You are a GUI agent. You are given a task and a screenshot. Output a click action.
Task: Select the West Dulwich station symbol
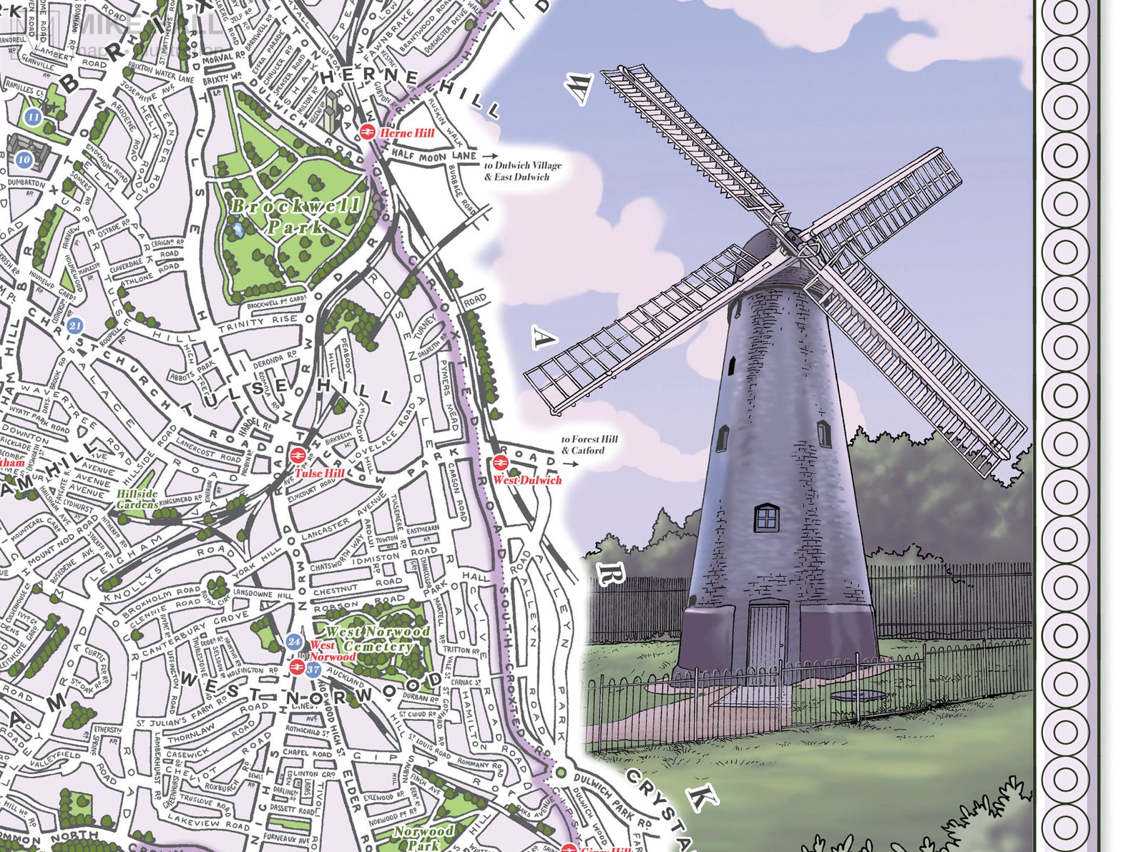click(x=499, y=463)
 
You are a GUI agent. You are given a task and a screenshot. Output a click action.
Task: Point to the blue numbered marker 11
click(x=32, y=117)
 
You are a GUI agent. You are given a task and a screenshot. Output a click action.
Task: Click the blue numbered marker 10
click(x=24, y=160)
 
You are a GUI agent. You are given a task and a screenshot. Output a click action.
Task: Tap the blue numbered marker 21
click(x=75, y=326)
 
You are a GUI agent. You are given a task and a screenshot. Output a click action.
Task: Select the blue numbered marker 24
click(x=294, y=641)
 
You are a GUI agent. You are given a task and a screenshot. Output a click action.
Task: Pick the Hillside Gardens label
click(x=137, y=499)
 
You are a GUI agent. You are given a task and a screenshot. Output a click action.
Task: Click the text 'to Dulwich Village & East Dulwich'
click(x=522, y=171)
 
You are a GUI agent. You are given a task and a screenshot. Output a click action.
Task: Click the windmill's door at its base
click(x=767, y=636)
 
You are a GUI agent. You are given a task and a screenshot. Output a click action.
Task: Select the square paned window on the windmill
click(x=766, y=516)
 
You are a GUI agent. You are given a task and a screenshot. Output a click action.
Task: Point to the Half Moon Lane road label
click(x=434, y=156)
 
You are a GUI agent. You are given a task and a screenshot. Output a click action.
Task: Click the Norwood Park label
click(x=423, y=837)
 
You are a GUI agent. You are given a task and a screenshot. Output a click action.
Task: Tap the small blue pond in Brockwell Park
click(x=236, y=230)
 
